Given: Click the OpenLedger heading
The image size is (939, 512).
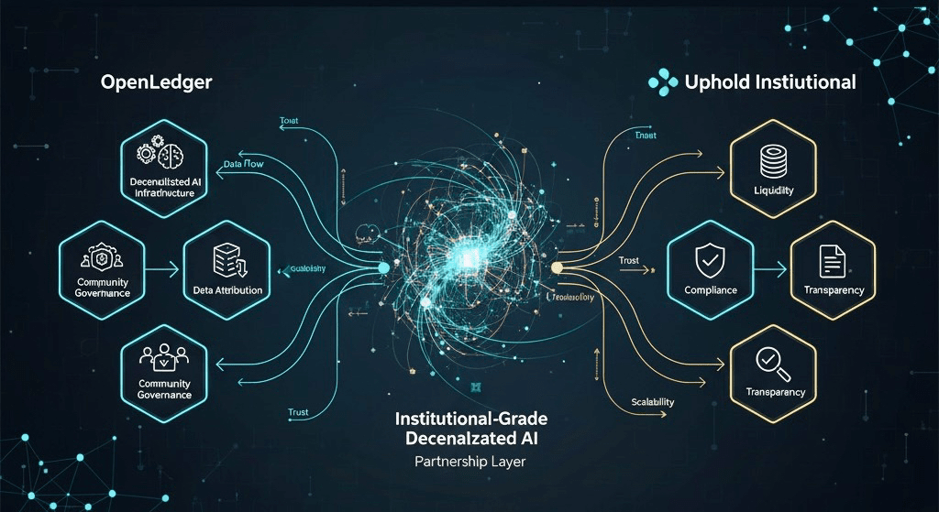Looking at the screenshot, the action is pyautogui.click(x=156, y=82).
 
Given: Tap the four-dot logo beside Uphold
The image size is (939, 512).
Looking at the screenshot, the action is pyautogui.click(x=663, y=82).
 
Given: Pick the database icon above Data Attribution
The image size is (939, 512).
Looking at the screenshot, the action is pyautogui.click(x=227, y=261).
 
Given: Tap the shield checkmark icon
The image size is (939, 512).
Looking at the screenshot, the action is pyautogui.click(x=710, y=261).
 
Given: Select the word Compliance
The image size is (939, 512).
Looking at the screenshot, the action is pyautogui.click(x=711, y=290).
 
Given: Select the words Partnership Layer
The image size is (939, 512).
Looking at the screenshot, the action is pyautogui.click(x=469, y=463).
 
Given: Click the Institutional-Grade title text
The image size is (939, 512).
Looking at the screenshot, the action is pyautogui.click(x=469, y=419).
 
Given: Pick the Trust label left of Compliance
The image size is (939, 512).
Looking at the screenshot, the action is pyautogui.click(x=628, y=261).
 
